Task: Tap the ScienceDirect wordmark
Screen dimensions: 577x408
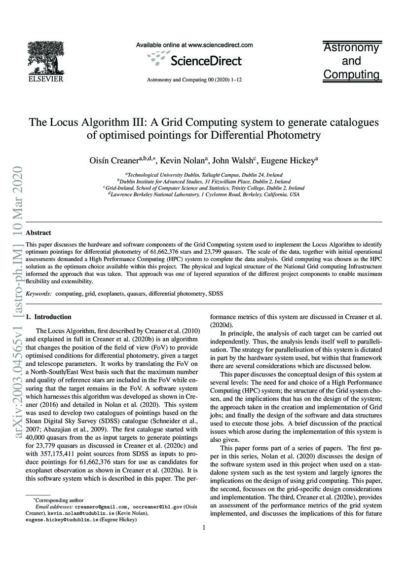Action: click(206, 61)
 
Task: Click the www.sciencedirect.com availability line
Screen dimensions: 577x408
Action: click(194, 45)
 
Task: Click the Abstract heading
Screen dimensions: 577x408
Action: click(38, 232)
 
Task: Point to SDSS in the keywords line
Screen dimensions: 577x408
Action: click(216, 293)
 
